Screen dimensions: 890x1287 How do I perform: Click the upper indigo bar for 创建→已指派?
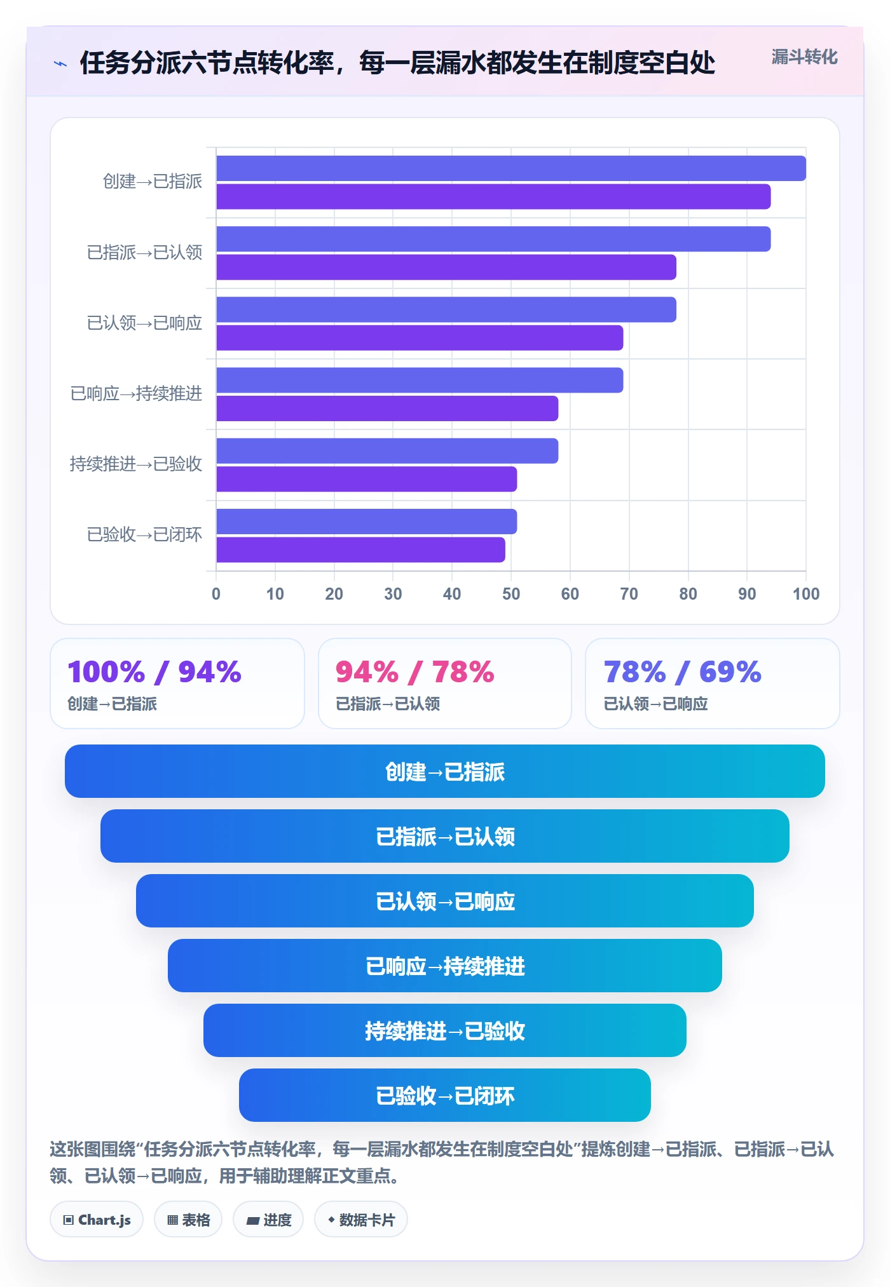click(x=511, y=168)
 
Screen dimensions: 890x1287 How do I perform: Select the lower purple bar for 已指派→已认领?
click(x=446, y=267)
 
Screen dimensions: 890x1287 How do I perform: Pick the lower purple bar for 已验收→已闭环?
click(x=360, y=549)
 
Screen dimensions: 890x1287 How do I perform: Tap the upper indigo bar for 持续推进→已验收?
click(x=387, y=451)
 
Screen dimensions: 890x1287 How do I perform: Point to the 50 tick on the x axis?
click(x=511, y=594)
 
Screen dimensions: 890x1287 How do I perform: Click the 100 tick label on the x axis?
click(x=806, y=594)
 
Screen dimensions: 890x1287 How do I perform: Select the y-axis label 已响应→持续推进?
click(x=136, y=394)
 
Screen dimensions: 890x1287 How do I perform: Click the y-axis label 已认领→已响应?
click(x=144, y=323)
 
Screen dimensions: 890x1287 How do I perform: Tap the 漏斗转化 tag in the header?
click(x=804, y=57)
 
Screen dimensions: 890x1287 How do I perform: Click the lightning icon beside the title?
click(x=60, y=64)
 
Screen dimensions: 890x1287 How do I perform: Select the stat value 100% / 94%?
click(x=154, y=672)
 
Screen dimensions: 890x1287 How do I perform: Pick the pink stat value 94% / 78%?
click(x=414, y=672)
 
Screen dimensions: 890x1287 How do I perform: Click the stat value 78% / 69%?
click(x=682, y=672)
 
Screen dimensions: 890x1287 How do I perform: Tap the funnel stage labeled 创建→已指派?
click(x=445, y=771)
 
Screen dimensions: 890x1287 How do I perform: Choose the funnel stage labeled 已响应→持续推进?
click(x=445, y=966)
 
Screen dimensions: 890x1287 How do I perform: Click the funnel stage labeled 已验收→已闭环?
click(x=445, y=1095)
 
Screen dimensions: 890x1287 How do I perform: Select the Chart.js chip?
click(x=97, y=1220)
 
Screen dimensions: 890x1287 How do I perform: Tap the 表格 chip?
click(x=188, y=1220)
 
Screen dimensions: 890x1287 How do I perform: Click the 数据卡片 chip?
click(x=361, y=1220)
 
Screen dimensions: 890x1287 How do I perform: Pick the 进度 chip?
click(x=268, y=1220)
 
